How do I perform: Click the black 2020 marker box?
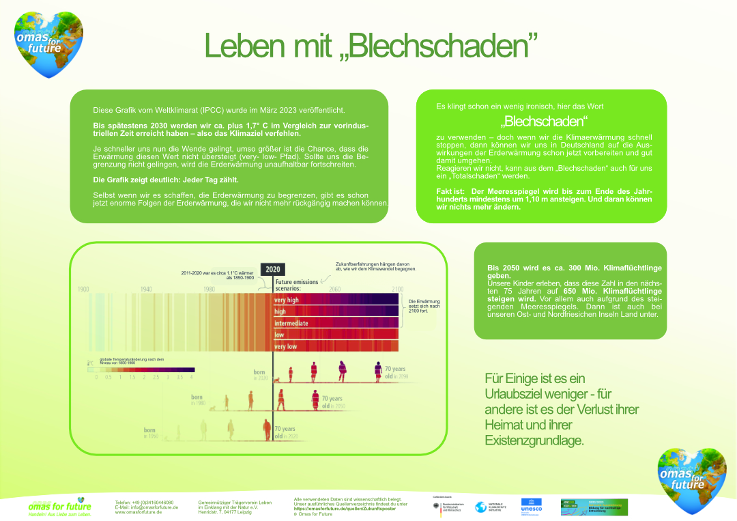(272, 270)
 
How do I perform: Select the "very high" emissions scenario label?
(287, 300)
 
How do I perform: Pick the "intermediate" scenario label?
(291, 323)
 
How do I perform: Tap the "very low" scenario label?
(285, 346)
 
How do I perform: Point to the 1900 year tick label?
(83, 290)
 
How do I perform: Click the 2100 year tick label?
(397, 290)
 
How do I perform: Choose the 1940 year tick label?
(146, 290)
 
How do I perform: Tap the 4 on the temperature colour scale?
(192, 377)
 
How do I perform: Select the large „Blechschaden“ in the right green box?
(544, 122)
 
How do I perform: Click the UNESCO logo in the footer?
(532, 506)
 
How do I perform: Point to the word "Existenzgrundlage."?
(534, 440)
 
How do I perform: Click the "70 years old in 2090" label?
(396, 373)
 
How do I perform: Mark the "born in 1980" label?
(197, 399)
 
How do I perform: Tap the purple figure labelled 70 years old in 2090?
(378, 371)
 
